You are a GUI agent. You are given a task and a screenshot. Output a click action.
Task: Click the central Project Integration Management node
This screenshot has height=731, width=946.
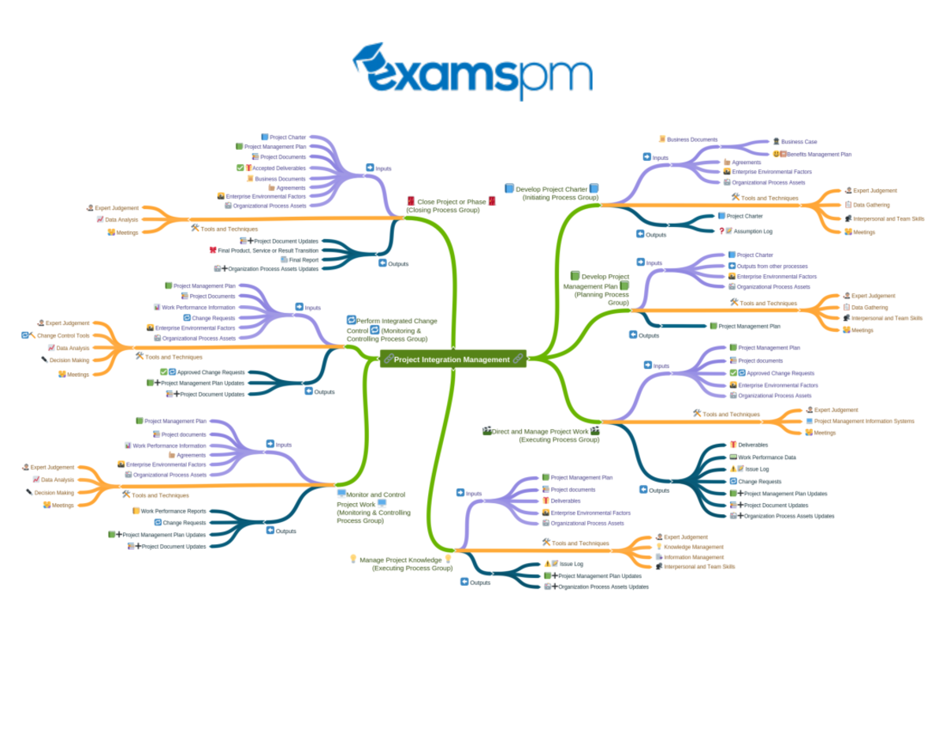452,360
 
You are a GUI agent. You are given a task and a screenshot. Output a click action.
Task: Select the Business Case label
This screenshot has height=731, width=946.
799,142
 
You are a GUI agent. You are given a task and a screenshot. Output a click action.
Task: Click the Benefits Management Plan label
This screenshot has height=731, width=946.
818,155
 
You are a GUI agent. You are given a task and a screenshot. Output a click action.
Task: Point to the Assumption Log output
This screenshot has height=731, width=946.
752,231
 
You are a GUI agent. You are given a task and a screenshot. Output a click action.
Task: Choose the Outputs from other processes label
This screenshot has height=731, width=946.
772,266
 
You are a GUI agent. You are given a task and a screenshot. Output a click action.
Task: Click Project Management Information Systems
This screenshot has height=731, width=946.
863,421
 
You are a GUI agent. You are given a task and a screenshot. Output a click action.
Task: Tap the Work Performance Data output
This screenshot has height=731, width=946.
766,457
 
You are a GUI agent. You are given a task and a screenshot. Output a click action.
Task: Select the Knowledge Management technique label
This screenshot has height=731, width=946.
693,546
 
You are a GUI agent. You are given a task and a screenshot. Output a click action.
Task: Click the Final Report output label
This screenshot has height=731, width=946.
304,259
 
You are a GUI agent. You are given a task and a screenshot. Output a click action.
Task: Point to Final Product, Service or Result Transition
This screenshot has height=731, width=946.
268,250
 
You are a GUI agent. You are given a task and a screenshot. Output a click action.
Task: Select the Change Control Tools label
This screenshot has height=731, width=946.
63,335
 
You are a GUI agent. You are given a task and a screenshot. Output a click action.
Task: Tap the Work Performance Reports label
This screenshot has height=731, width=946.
173,511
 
